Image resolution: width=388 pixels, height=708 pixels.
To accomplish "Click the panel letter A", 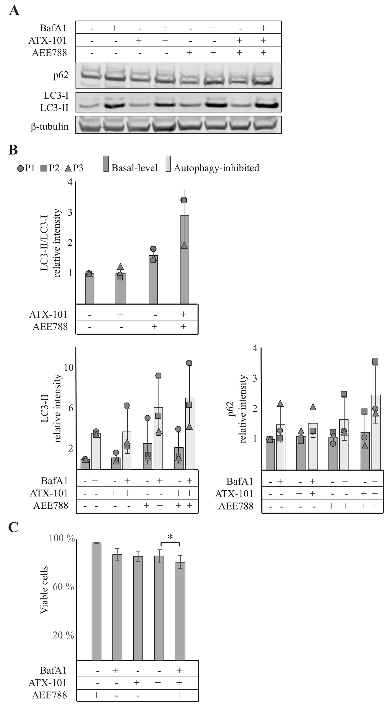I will [14, 11].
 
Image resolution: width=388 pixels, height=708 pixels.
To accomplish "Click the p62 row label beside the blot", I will [61, 75].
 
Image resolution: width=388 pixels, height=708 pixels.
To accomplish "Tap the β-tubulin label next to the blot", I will [50, 127].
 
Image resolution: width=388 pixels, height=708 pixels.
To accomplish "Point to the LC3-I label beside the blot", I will [56, 96].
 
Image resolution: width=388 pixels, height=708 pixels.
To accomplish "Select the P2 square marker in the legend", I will [44, 168].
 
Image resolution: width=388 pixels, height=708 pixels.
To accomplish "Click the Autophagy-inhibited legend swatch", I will [168, 164].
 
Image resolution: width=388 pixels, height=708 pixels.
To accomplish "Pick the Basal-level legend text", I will [134, 168].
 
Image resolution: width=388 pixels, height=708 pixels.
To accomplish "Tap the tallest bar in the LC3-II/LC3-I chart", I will [184, 259].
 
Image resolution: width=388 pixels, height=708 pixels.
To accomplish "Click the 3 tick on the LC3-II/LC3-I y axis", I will [70, 213].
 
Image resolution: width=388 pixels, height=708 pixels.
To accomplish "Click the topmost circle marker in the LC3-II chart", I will [189, 363].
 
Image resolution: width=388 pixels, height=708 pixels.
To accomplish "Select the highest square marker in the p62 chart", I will [375, 361].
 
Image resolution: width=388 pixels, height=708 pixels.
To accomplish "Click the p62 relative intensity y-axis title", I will [238, 409].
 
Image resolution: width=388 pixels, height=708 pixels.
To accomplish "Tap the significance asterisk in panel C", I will [170, 536].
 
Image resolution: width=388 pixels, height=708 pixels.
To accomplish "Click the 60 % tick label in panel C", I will [63, 587].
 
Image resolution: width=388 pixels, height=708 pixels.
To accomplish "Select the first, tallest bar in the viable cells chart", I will [96, 601].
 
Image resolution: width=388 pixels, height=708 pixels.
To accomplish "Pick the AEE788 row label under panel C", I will [50, 695].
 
